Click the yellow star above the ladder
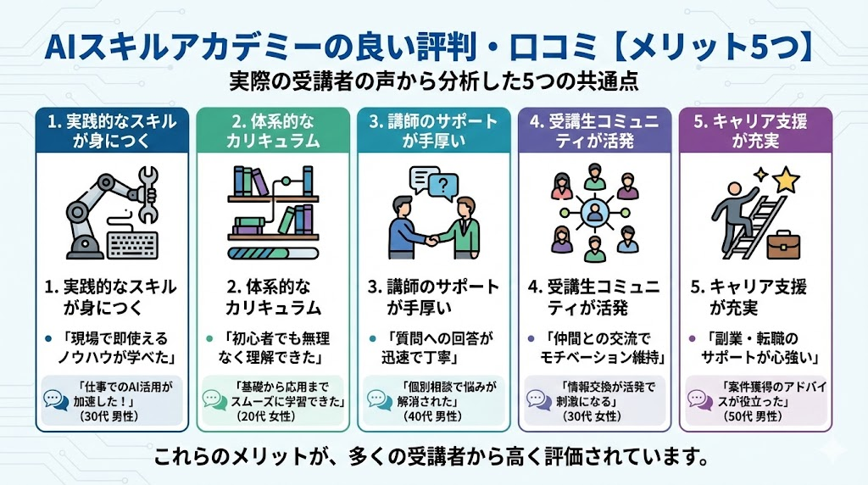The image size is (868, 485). pyautogui.click(x=787, y=178)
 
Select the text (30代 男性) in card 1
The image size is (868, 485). pyautogui.click(x=111, y=416)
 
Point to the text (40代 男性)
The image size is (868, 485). pyautogui.click(x=433, y=416)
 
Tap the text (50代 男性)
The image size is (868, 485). pyautogui.click(x=754, y=416)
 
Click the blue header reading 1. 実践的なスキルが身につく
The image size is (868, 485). pyautogui.click(x=111, y=131)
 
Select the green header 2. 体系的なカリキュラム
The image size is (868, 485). pyautogui.click(x=272, y=131)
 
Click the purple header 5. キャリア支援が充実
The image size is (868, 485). pyautogui.click(x=755, y=131)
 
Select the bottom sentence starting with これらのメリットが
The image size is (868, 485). pyautogui.click(x=433, y=459)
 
